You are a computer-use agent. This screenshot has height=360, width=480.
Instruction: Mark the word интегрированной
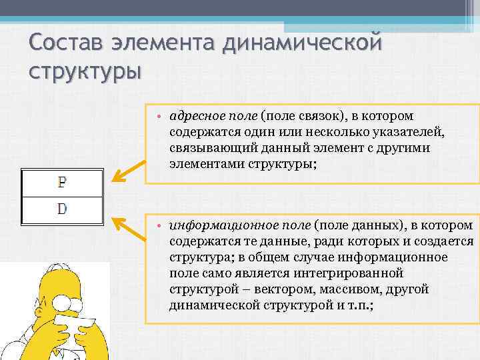point(347,273)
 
